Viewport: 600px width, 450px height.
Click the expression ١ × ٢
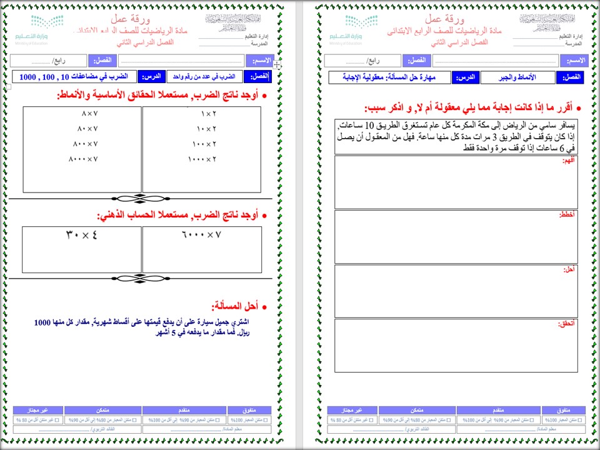click(x=208, y=114)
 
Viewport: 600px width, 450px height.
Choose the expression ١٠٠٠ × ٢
click(x=201, y=159)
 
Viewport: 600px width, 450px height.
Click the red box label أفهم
click(x=569, y=160)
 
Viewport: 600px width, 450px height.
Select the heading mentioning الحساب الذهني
click(x=182, y=215)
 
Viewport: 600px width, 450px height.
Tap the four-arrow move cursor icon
click(x=277, y=64)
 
